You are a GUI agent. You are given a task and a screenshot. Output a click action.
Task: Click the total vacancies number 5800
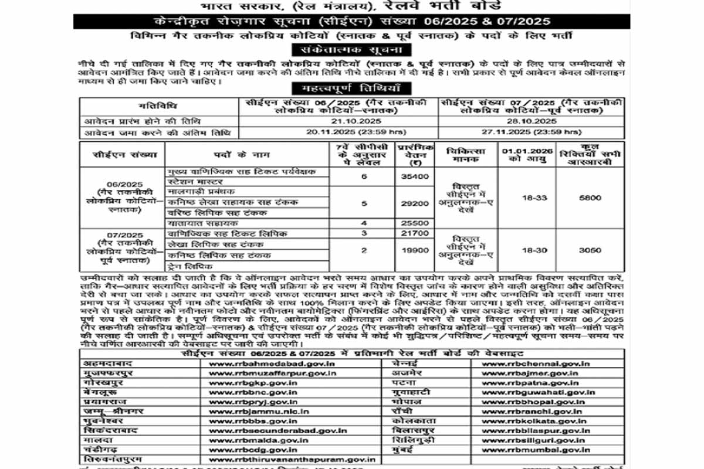pos(590,198)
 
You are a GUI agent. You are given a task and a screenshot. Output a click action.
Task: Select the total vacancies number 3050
pos(590,250)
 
